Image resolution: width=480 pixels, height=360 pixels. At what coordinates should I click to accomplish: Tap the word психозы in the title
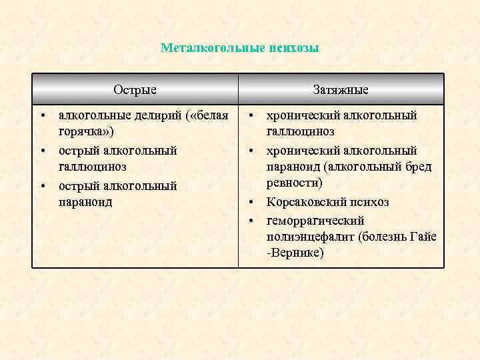click(x=293, y=48)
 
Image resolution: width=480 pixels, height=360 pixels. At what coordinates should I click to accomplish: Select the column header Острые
click(x=135, y=90)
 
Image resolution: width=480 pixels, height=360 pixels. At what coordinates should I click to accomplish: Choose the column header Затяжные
click(x=341, y=90)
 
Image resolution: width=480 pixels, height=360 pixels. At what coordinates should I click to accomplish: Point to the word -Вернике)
click(x=296, y=253)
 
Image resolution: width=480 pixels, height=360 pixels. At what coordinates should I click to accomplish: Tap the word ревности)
click(x=294, y=183)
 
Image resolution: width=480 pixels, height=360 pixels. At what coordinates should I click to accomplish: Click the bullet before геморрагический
click(x=253, y=221)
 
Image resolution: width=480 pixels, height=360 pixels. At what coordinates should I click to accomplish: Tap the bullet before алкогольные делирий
click(x=43, y=116)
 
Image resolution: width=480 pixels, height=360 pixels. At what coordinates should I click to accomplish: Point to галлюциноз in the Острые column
click(x=93, y=167)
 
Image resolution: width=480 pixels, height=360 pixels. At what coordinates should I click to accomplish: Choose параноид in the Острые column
click(x=86, y=202)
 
